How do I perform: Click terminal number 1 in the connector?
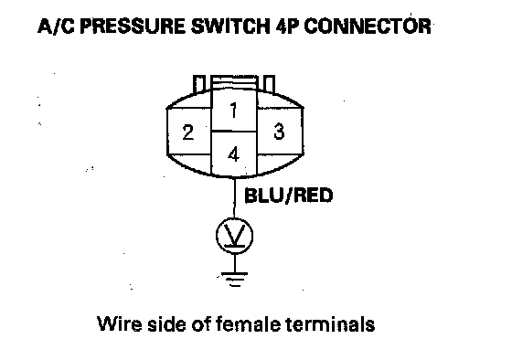point(234,110)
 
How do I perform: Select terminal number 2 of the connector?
point(188,132)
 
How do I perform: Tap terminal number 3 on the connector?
point(280,131)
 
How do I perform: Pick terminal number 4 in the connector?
point(234,154)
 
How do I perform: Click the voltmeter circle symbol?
point(234,235)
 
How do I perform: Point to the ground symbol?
point(234,279)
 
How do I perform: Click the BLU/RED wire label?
point(288,196)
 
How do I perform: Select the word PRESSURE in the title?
point(133,26)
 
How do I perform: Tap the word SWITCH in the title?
point(230,26)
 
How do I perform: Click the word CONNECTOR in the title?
point(368,26)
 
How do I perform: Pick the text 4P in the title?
point(287,26)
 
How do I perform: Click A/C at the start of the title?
point(56,26)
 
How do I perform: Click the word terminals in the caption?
point(330,323)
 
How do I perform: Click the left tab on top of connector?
point(199,85)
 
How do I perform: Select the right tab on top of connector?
point(269,84)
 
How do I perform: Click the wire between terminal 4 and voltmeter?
point(234,197)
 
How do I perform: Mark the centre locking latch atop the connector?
point(234,82)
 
